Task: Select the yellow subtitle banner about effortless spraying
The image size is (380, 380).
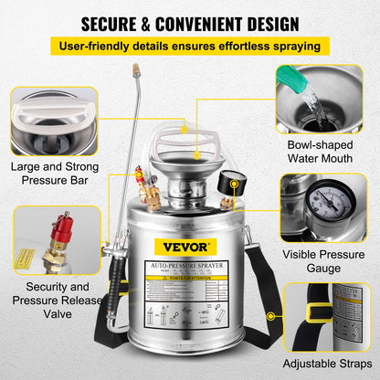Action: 189,46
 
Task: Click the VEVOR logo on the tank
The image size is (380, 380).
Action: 190,246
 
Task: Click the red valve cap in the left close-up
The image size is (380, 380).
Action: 63,223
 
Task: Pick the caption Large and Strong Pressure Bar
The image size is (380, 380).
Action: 54,174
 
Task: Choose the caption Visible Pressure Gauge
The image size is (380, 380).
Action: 327,260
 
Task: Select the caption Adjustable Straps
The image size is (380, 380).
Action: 327,363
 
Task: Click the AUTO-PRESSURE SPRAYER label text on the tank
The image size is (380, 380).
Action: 189,264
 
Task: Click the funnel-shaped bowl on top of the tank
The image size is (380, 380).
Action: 189,168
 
